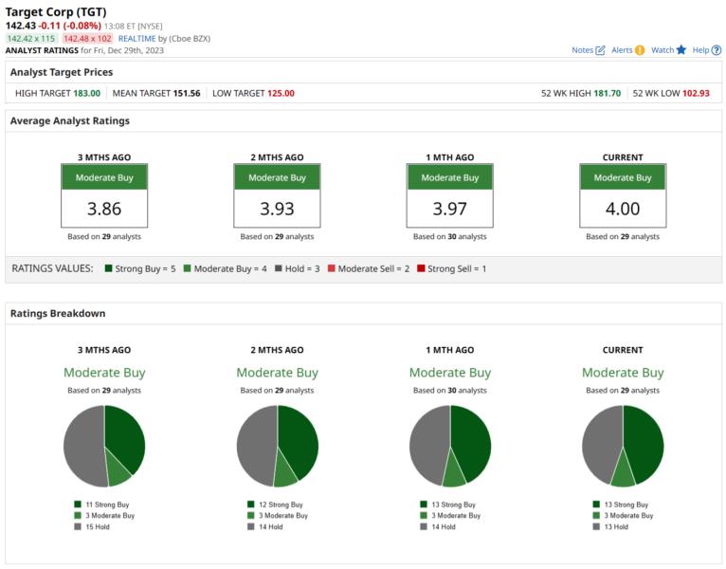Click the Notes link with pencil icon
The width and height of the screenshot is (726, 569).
[588, 50]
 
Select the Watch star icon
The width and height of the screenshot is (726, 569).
[668, 50]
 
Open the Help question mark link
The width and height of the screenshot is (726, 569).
[706, 50]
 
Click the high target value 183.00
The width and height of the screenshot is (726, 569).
[87, 93]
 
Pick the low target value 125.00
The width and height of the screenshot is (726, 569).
[280, 93]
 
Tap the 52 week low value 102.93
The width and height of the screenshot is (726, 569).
[695, 93]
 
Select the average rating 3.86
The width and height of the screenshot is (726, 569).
[104, 209]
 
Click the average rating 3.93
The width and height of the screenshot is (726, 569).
[277, 209]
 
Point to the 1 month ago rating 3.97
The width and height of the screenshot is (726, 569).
[449, 209]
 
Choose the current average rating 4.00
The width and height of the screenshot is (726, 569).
[623, 209]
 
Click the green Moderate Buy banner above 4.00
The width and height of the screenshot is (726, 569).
[623, 177]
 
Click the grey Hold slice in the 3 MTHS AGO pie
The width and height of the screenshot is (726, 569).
[81, 446]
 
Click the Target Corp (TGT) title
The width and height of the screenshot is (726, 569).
[56, 11]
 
